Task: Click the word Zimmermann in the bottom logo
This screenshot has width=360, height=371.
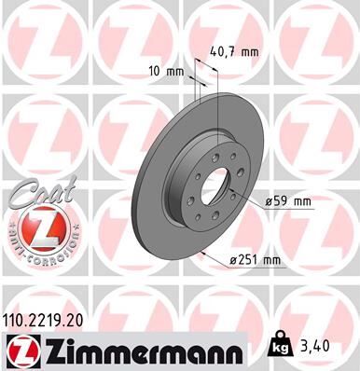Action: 140,350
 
